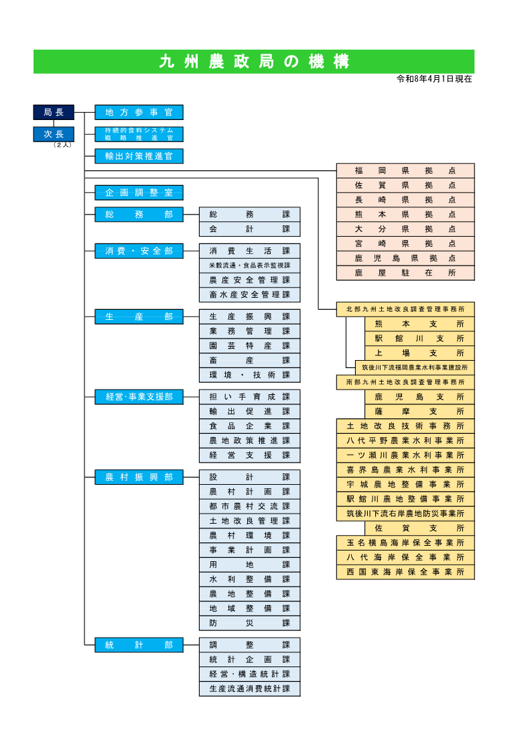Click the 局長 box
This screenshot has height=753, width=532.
[x=54, y=112]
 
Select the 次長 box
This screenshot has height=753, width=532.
[x=54, y=134]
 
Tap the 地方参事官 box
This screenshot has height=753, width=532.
[x=139, y=112]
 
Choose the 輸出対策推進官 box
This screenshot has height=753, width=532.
[x=139, y=156]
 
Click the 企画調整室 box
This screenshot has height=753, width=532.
[x=139, y=193]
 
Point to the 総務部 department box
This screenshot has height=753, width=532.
[x=139, y=215]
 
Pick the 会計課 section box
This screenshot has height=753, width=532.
[x=249, y=229]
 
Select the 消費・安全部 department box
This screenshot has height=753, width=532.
[x=139, y=251]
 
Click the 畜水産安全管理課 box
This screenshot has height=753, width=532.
[x=249, y=295]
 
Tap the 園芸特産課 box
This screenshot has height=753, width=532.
[x=249, y=346]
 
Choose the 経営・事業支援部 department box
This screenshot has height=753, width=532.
[x=139, y=397]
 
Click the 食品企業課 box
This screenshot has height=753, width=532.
[x=249, y=426]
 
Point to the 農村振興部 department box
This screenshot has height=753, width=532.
[x=139, y=477]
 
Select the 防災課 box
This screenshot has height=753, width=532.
[x=249, y=624]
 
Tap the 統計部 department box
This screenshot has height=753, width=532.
[x=139, y=645]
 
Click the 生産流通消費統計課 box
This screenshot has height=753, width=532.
[x=249, y=689]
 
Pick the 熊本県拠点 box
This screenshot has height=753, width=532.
[x=405, y=215]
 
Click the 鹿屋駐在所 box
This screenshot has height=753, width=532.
[x=405, y=273]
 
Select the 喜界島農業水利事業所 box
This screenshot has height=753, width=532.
[x=405, y=470]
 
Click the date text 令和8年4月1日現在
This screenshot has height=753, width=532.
[x=435, y=79]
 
